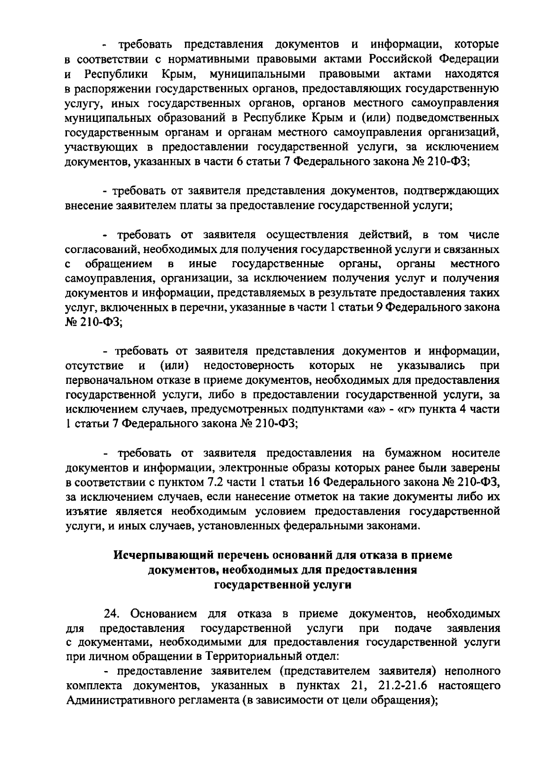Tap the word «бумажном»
pyautogui.click(x=413, y=454)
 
